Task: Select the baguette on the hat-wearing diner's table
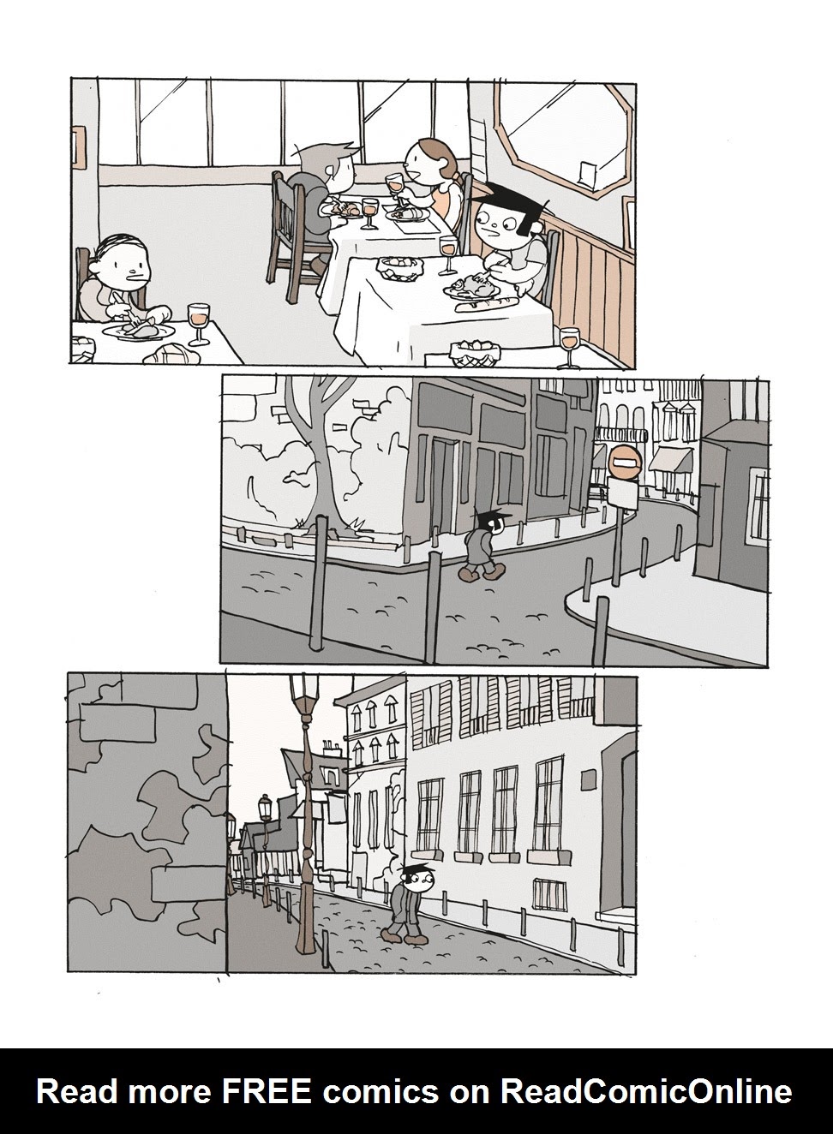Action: tap(487, 304)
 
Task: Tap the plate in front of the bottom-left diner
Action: tap(138, 331)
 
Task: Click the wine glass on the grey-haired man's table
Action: tap(370, 212)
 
